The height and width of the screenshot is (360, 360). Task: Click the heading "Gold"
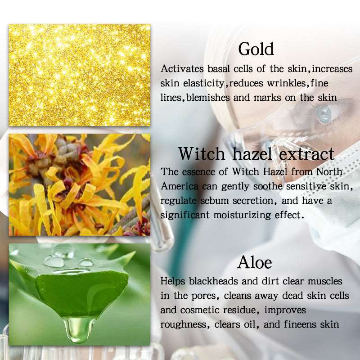256,49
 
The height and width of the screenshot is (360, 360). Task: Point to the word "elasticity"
203,84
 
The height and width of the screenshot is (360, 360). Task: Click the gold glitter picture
79,75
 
